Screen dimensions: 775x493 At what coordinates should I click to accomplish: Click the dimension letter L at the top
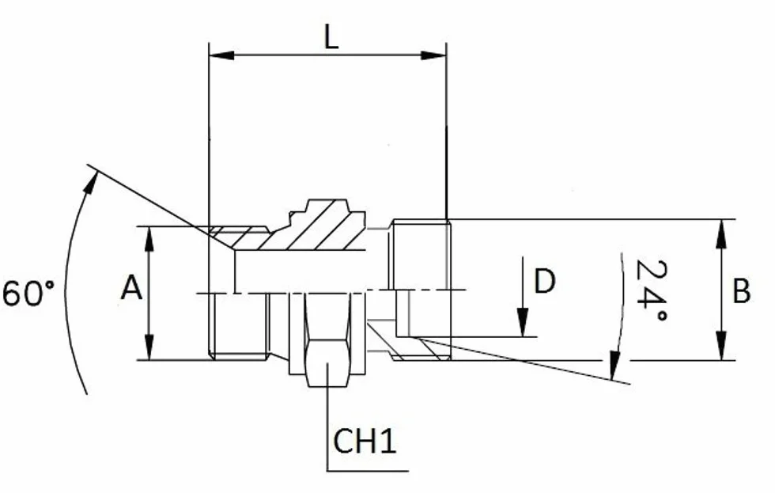(331, 37)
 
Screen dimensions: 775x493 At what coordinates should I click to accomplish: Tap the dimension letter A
(131, 288)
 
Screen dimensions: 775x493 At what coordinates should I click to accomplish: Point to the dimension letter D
(545, 282)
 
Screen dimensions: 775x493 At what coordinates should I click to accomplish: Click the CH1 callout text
(365, 441)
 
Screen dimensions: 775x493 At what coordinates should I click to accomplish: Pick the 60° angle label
(28, 293)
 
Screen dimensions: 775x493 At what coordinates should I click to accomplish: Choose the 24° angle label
(650, 290)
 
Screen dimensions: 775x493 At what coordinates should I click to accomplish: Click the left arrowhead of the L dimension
(221, 55)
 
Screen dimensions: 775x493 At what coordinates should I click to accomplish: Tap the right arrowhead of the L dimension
(433, 55)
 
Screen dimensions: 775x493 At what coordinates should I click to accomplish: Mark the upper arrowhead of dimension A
(149, 239)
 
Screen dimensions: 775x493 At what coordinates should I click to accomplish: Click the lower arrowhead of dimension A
(149, 347)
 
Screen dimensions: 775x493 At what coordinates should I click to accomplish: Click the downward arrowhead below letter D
(523, 322)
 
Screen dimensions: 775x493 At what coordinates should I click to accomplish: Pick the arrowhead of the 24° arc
(615, 366)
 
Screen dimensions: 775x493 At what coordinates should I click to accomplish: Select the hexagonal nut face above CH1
(327, 363)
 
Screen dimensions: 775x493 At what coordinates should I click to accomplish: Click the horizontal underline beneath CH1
(368, 471)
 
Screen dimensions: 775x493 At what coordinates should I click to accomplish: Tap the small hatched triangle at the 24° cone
(429, 349)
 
